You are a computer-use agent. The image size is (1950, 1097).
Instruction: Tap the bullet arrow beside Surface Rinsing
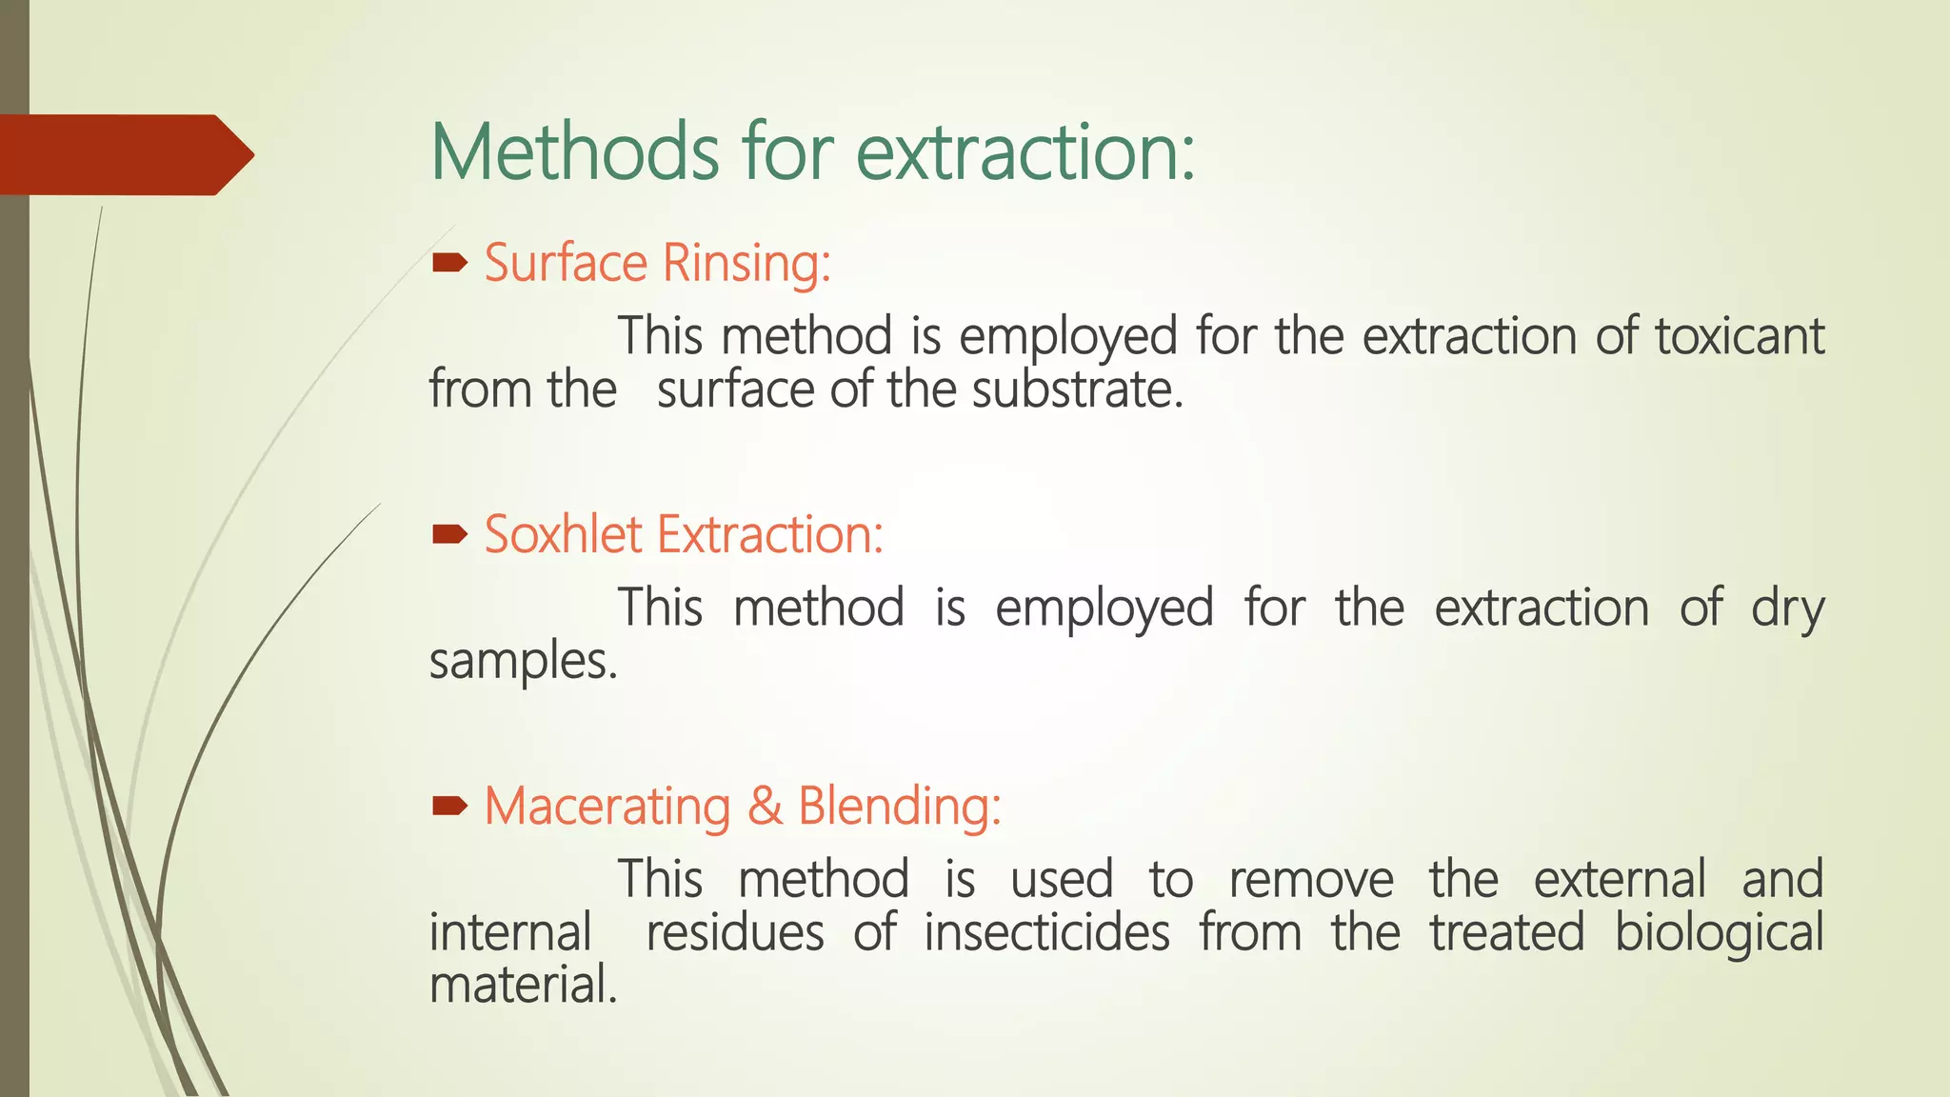point(449,263)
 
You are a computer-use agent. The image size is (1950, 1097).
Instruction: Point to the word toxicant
point(1739,336)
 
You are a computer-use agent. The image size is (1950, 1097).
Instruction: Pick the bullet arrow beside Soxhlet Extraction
point(449,534)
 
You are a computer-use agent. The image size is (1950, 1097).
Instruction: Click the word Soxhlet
point(563,534)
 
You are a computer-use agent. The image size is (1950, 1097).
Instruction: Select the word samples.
point(523,662)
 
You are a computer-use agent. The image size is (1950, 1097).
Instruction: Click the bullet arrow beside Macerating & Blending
point(449,807)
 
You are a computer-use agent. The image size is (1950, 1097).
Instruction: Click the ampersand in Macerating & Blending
point(765,807)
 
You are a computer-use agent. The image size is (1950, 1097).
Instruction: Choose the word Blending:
point(899,807)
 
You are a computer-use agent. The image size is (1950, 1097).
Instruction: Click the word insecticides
point(1046,933)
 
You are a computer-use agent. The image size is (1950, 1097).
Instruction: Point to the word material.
point(523,986)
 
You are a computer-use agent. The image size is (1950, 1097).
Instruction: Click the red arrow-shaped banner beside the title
point(124,154)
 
